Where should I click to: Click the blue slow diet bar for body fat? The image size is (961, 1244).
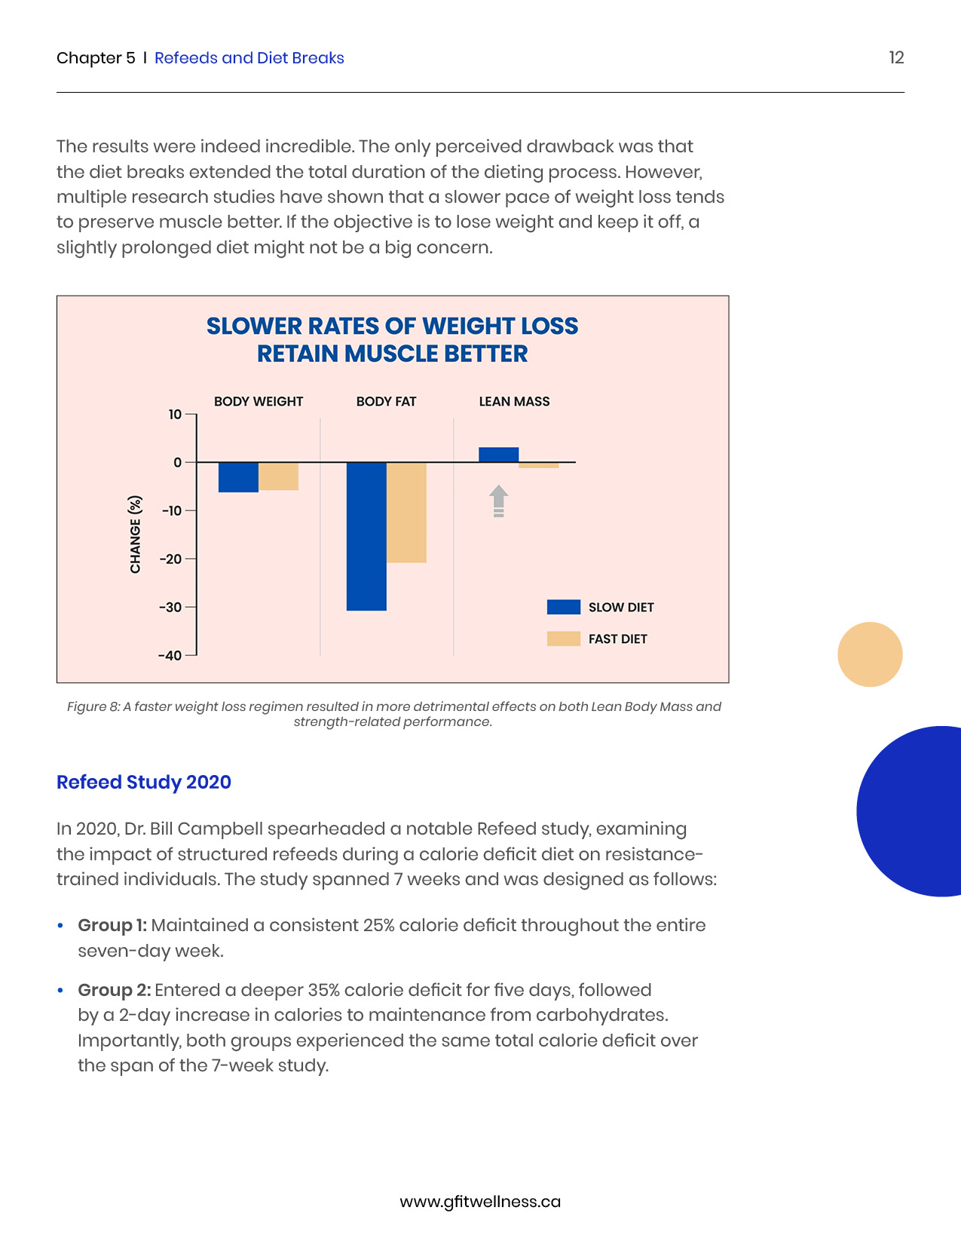point(366,536)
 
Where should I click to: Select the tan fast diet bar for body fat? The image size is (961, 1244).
point(406,513)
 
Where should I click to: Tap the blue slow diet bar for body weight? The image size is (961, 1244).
point(238,477)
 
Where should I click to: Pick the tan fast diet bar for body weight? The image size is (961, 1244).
point(278,476)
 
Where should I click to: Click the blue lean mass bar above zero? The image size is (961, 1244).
point(498,455)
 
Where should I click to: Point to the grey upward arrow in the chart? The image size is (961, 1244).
point(498,501)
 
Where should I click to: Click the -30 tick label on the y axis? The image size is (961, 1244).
point(170,608)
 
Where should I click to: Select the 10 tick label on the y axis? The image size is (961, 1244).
point(175,415)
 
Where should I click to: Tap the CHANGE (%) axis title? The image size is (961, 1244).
point(136,535)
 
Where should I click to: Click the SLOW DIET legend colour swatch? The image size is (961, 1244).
point(563,607)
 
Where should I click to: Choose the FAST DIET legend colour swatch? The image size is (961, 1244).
point(563,639)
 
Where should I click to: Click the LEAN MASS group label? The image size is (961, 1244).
point(514,402)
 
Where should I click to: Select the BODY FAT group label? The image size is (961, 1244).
point(386,402)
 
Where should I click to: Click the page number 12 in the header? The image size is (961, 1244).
point(896,58)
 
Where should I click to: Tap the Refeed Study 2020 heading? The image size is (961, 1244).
point(144,783)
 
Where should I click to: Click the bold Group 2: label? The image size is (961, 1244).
point(115,990)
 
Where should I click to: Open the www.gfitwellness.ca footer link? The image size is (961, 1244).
point(480,1202)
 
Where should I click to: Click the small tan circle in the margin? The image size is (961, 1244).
point(870,654)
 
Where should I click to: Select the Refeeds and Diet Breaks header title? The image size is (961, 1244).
point(249,58)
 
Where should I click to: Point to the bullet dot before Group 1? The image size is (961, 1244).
point(60,926)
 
